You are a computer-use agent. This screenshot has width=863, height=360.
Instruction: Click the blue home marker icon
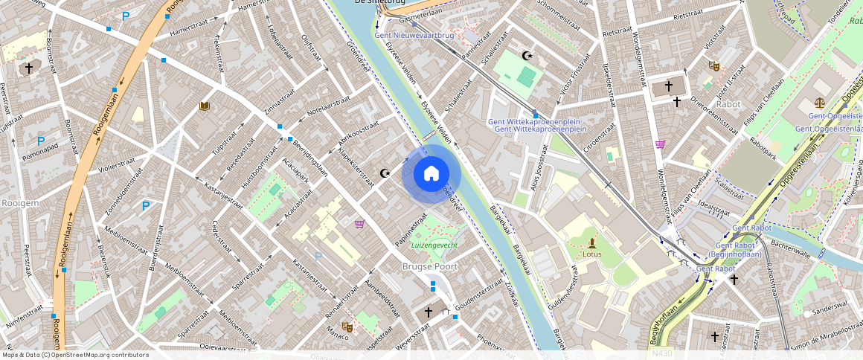pyautogui.click(x=431, y=174)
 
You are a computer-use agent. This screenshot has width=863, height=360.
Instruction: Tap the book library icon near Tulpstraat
pyautogui.click(x=205, y=107)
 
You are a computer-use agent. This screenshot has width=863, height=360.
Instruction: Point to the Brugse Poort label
pyautogui.click(x=429, y=266)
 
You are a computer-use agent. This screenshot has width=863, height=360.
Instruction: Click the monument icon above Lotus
pyautogui.click(x=592, y=242)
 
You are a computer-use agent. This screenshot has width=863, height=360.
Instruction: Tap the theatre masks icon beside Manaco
pyautogui.click(x=347, y=326)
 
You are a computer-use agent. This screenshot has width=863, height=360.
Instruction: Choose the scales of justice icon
pyautogui.click(x=820, y=103)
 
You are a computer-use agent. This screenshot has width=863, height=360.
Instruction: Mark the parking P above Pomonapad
pyautogui.click(x=41, y=141)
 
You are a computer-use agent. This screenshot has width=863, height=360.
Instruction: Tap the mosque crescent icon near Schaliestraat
pyautogui.click(x=529, y=56)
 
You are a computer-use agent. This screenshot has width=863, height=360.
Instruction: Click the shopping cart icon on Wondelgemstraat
pyautogui.click(x=659, y=144)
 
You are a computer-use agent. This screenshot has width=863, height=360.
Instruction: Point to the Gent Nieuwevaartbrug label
pyautogui.click(x=414, y=35)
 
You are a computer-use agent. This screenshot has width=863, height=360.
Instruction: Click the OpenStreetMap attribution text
pyautogui.click(x=75, y=355)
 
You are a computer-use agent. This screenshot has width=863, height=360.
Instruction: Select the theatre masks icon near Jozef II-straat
pyautogui.click(x=713, y=66)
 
